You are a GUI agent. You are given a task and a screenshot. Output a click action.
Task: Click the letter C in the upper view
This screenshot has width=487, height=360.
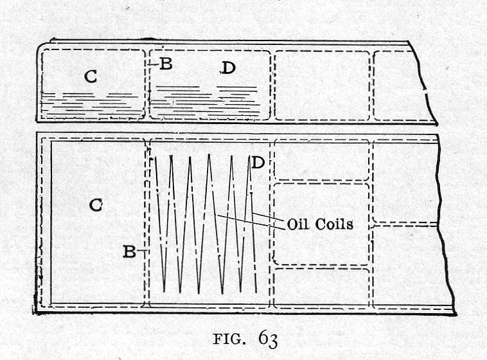coord(91,76)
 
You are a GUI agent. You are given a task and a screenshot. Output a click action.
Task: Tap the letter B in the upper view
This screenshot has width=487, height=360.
coord(166,64)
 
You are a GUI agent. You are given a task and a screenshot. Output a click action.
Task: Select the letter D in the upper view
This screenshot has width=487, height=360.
coord(228,67)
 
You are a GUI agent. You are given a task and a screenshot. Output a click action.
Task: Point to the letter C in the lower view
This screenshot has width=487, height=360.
coord(96,205)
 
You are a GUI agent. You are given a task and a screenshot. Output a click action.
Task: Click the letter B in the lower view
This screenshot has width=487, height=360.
coord(129,251)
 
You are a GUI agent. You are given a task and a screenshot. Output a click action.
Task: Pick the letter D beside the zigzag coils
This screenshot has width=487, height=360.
coord(258,162)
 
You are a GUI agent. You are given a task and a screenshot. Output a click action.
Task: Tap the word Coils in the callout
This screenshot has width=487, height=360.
coord(333,224)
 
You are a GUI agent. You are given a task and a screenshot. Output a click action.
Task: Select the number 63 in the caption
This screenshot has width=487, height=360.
coord(268,339)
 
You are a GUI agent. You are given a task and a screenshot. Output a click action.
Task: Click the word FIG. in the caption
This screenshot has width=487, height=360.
coord(227,339)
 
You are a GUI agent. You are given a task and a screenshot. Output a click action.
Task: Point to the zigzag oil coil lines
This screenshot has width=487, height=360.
coord(206,224)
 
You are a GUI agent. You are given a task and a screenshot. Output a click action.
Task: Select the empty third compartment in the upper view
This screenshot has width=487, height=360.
coord(322,85)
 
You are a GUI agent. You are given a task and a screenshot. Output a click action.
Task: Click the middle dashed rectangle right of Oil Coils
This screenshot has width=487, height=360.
coord(321,224)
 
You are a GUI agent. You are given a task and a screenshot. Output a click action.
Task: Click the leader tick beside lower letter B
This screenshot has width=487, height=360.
coord(142,250)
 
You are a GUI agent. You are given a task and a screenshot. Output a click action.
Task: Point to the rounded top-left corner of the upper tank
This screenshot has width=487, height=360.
coord(41,48)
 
